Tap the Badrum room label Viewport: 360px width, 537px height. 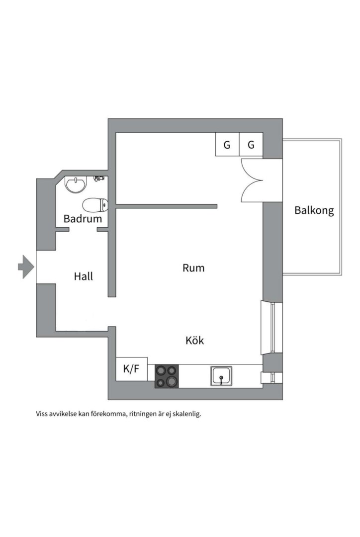[83, 219]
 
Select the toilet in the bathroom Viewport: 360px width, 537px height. [95, 204]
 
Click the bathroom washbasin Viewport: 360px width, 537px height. [76, 185]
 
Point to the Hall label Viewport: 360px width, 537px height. [83, 276]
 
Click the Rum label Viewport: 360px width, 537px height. [193, 268]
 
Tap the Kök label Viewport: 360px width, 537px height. [194, 341]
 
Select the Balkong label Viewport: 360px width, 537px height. [314, 210]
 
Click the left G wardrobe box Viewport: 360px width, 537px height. [227, 145]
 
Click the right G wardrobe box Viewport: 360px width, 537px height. [251, 145]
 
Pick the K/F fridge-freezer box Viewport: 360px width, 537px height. [131, 369]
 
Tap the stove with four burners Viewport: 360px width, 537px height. [167, 376]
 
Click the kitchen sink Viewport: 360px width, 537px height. [221, 376]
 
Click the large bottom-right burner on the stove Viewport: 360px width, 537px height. [172, 381]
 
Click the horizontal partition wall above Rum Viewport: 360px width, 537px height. [167, 206]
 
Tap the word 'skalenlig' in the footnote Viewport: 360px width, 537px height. [185, 414]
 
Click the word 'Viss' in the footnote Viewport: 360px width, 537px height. [42, 414]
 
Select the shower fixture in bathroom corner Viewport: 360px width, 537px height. [99, 178]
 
